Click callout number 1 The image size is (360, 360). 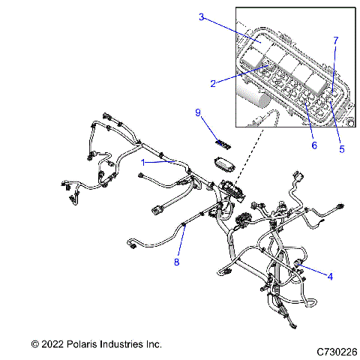[x=143, y=162]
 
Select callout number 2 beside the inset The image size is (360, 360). [x=214, y=83]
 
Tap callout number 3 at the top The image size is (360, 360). [x=202, y=16]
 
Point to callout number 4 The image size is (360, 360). [x=329, y=276]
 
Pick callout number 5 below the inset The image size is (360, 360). [x=342, y=148]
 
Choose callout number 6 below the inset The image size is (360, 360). [x=313, y=145]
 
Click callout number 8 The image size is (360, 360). [x=177, y=262]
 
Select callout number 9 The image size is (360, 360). [x=199, y=112]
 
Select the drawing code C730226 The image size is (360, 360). [x=337, y=351]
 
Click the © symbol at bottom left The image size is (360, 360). [x=34, y=344]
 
